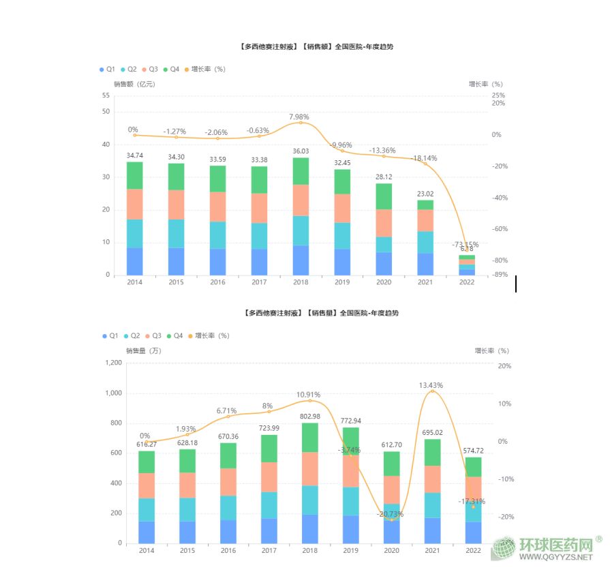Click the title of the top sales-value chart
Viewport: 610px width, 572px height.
pos(316,47)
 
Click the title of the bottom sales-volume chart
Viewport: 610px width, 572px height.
pos(321,313)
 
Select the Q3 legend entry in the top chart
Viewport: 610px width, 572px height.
pos(149,70)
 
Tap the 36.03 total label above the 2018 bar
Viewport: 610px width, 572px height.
pos(301,151)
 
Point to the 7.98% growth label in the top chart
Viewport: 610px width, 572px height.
pos(300,117)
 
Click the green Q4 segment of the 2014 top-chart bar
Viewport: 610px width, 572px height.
pos(135,175)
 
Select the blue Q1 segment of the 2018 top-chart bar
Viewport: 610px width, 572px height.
pos(301,260)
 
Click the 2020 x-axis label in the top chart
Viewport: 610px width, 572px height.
pos(384,282)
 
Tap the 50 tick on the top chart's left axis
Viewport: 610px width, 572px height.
pos(106,112)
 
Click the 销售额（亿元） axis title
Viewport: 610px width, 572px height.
pos(134,85)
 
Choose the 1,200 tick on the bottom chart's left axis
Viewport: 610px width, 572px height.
pos(113,363)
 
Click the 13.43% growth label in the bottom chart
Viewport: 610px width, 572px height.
pos(431,385)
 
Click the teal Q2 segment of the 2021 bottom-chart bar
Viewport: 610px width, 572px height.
pos(431,505)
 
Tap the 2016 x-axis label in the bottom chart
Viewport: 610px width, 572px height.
pos(229,550)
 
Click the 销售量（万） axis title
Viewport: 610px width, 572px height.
pos(143,351)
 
